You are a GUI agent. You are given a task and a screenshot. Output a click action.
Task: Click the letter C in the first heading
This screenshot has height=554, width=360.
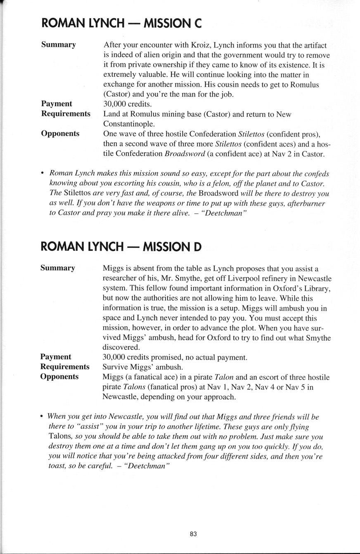pyautogui.click(x=197, y=24)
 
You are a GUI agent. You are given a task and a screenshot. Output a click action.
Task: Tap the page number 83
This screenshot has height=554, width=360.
pyautogui.click(x=193, y=533)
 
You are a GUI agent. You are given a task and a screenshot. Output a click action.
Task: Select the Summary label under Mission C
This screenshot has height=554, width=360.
pyautogui.click(x=59, y=45)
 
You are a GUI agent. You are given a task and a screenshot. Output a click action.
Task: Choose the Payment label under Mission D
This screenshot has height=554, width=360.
pyautogui.click(x=56, y=357)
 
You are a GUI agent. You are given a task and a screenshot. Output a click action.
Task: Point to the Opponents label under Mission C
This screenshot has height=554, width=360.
pyautogui.click(x=60, y=134)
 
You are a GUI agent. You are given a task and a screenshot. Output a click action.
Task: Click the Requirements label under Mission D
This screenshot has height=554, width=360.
pyautogui.click(x=65, y=367)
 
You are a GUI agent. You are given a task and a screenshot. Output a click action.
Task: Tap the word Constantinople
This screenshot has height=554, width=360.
pyautogui.click(x=128, y=124)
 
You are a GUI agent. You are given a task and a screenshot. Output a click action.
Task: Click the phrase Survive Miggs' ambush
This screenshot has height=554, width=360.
pyautogui.click(x=136, y=367)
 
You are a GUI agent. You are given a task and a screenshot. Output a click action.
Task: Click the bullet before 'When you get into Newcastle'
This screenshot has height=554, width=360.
pyautogui.click(x=42, y=417)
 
